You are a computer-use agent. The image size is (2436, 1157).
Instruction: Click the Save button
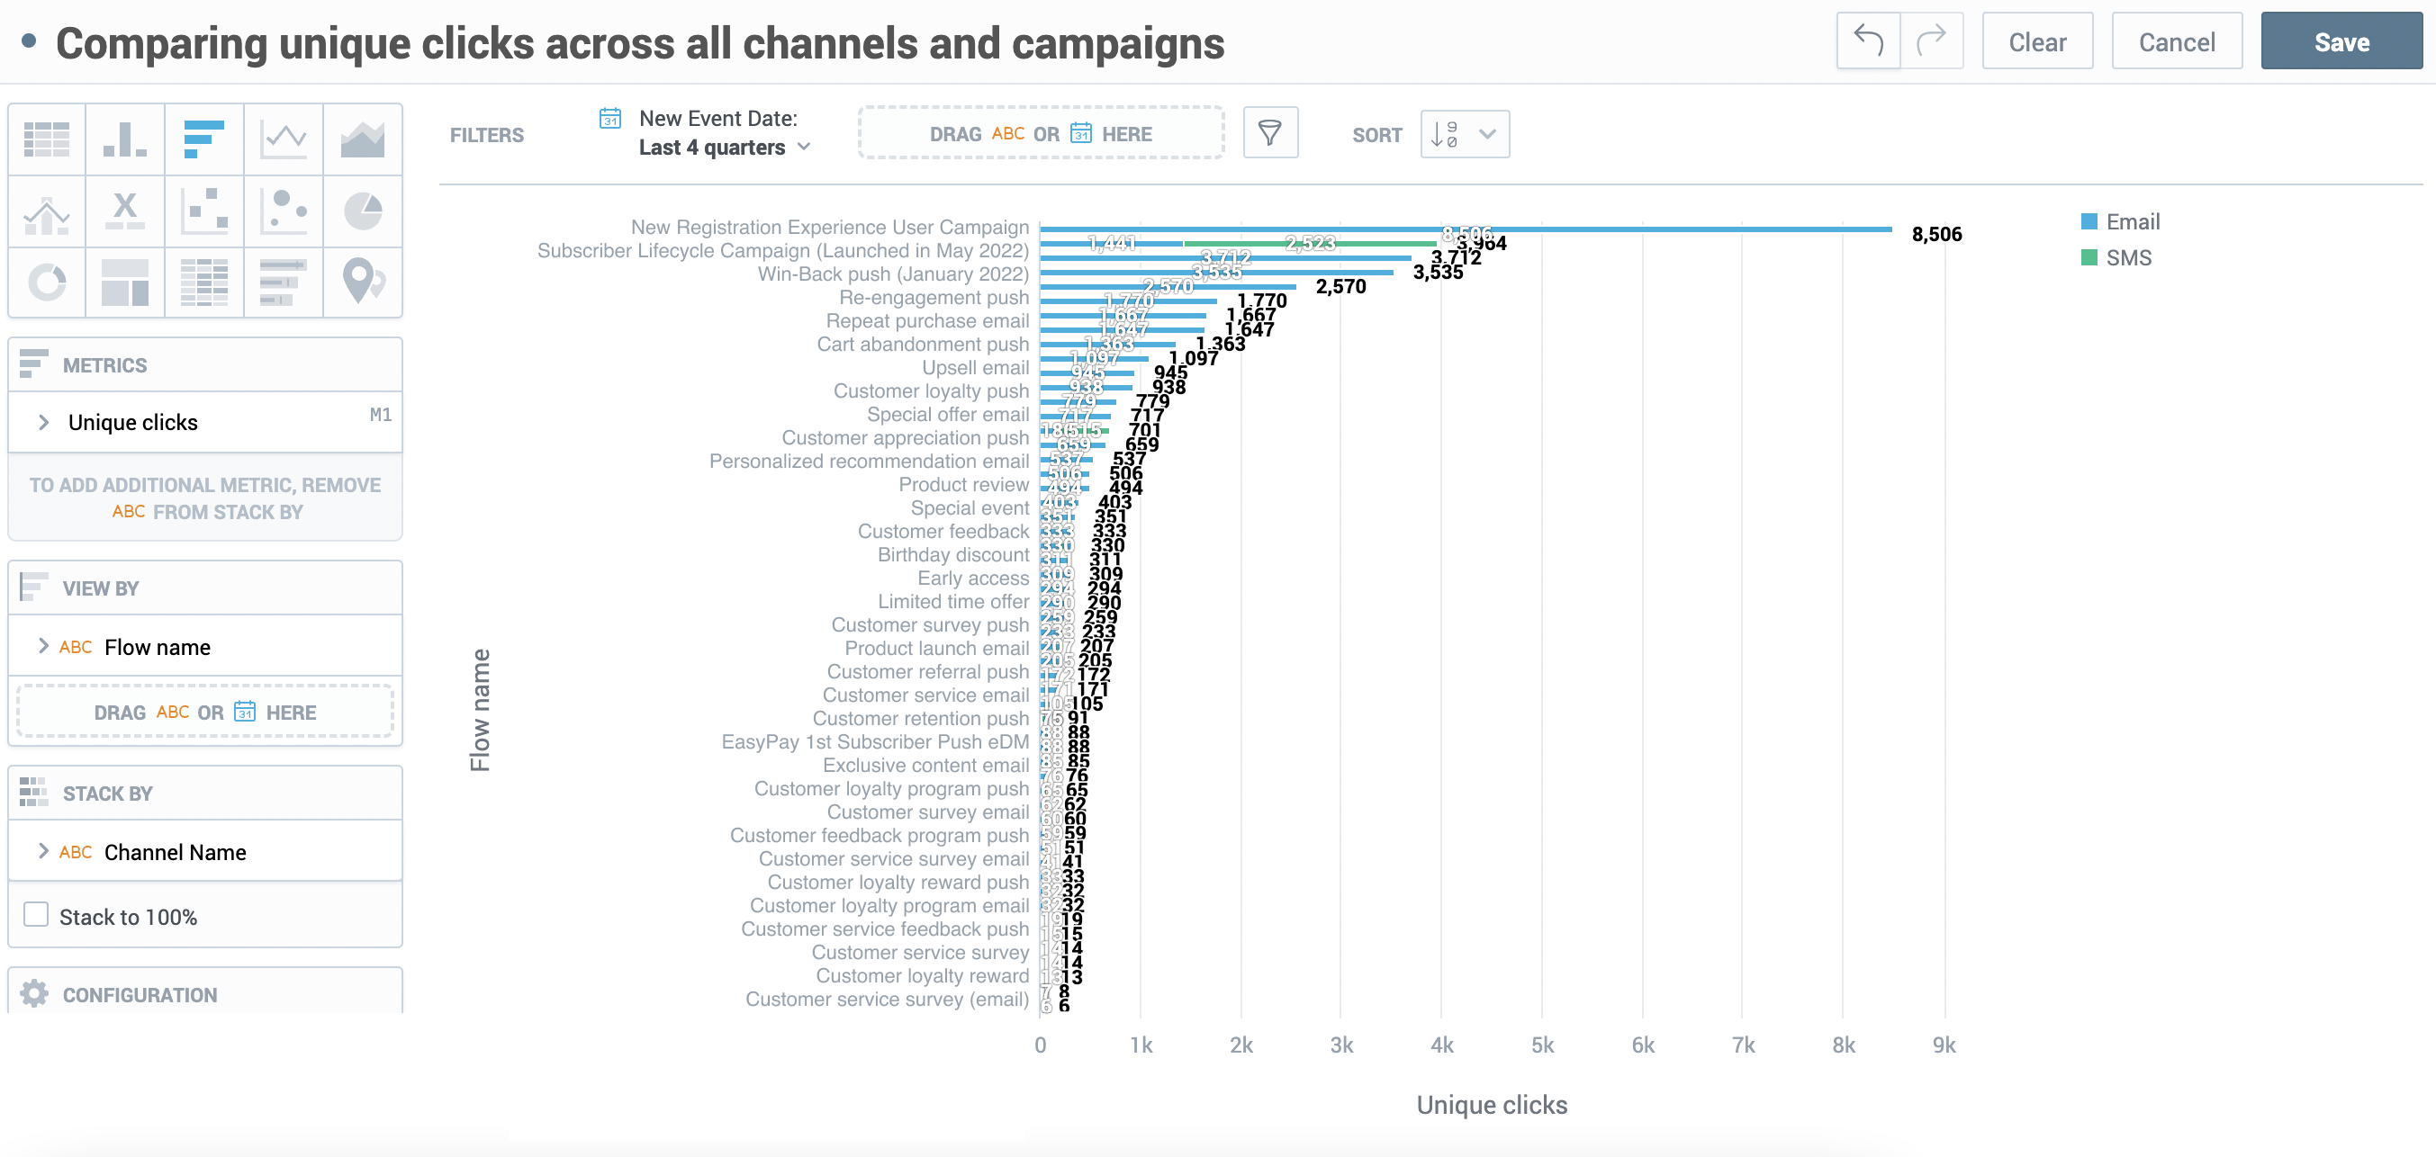[2341, 41]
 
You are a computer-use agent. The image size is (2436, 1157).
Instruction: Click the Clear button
[2037, 41]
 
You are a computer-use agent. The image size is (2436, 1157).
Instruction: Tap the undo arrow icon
[1868, 40]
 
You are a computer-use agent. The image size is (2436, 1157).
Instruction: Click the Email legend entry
[2132, 222]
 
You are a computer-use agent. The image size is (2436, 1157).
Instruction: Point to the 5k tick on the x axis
[1542, 1045]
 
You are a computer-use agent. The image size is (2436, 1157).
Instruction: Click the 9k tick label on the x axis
[1944, 1045]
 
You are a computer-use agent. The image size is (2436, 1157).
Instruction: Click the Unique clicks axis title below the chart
[1492, 1105]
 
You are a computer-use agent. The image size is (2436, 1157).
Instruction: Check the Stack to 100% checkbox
[37, 915]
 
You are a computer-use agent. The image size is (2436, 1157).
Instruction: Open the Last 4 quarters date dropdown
[725, 148]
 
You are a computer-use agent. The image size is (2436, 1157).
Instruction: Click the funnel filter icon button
[1270, 133]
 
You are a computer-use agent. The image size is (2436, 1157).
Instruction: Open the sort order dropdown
[1464, 134]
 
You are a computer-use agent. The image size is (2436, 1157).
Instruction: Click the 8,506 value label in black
[1935, 235]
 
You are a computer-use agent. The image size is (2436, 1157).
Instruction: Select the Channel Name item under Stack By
[175, 852]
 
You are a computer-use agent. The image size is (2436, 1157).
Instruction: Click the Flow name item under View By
[157, 647]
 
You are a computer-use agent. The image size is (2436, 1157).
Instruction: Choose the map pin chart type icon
[362, 282]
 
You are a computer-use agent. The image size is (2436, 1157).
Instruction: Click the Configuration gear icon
[35, 993]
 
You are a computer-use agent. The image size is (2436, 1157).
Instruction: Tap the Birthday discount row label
[952, 555]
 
